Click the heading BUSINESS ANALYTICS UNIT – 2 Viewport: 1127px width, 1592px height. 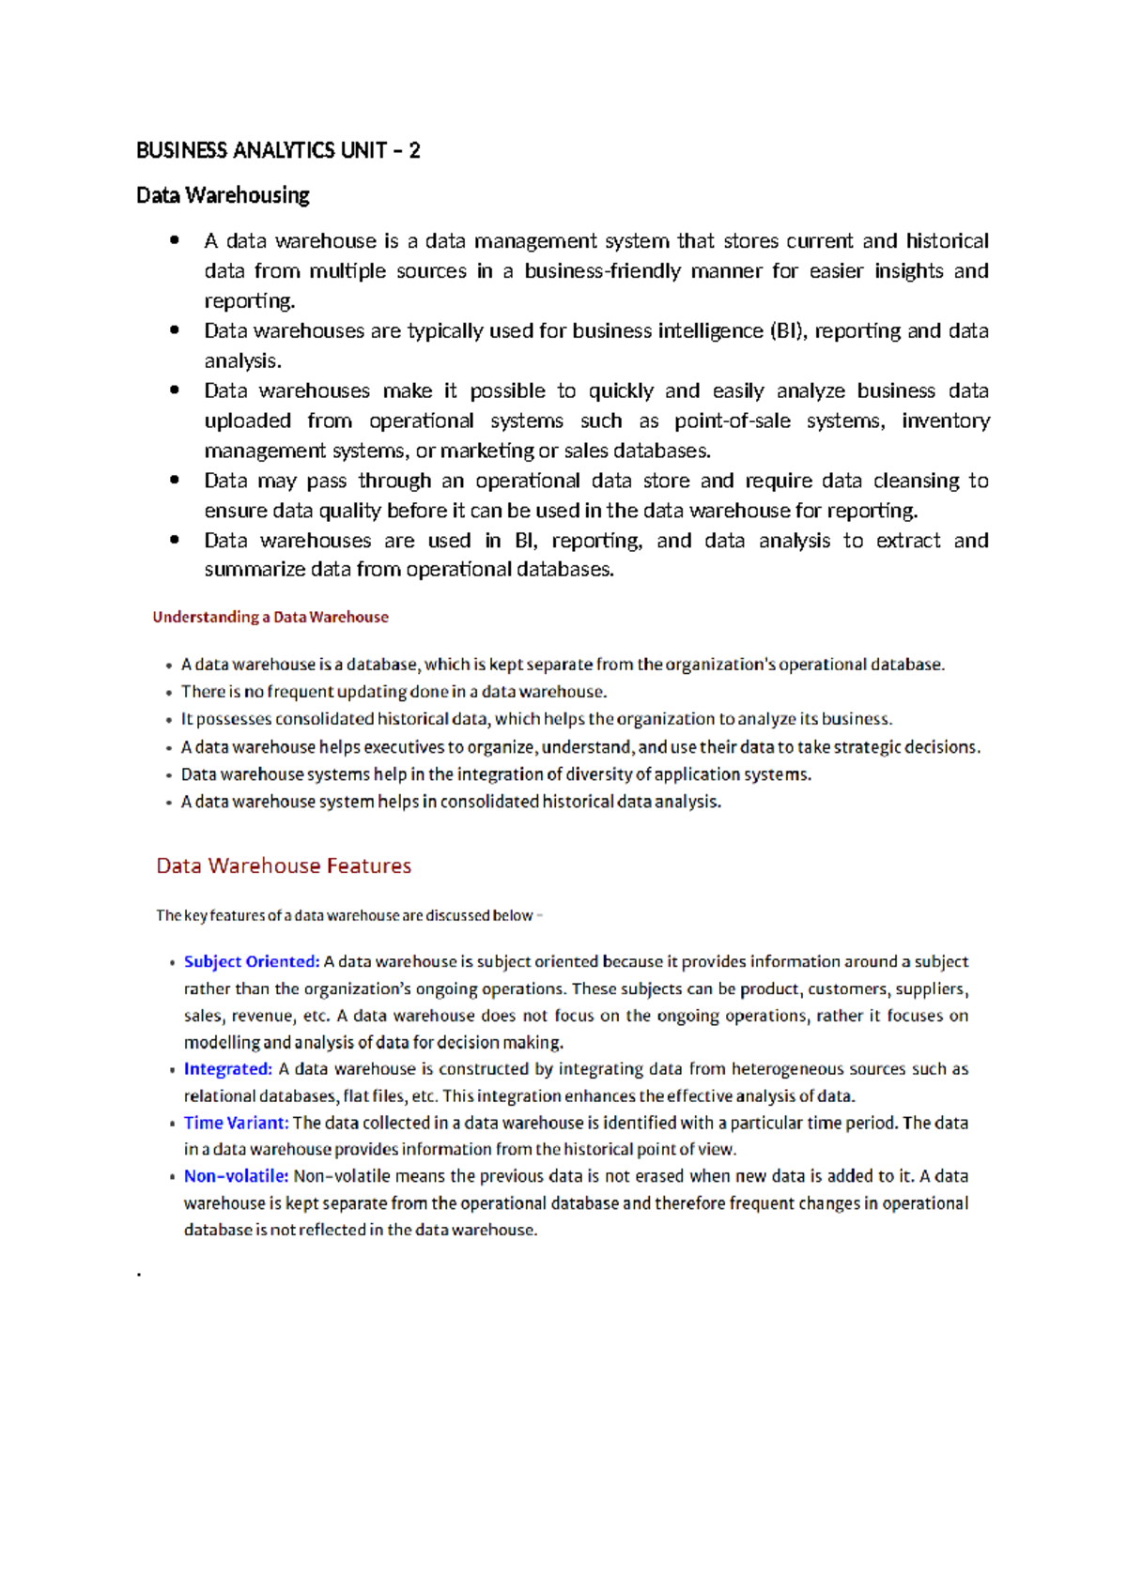278,150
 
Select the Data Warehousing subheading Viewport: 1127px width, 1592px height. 223,195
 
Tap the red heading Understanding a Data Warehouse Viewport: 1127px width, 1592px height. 270,617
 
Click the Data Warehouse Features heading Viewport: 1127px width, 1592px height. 284,865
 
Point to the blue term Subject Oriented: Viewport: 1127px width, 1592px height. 251,961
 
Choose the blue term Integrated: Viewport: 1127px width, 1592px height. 227,1068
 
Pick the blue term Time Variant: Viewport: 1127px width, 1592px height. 236,1123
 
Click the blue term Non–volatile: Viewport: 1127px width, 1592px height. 236,1176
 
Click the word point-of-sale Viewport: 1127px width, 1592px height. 733,421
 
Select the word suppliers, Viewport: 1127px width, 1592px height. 932,988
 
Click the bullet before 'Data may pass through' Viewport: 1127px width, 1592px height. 175,480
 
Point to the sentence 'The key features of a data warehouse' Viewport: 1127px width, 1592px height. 345,915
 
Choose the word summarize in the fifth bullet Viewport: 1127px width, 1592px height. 255,570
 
